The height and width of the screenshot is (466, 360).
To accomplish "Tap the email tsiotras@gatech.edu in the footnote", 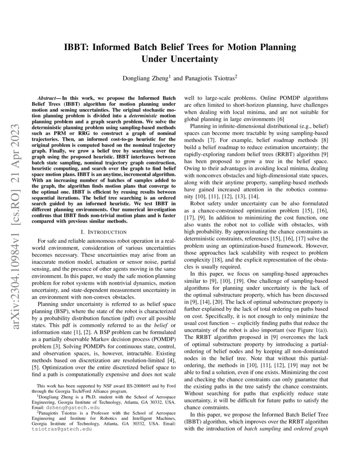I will pos(62,429).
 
